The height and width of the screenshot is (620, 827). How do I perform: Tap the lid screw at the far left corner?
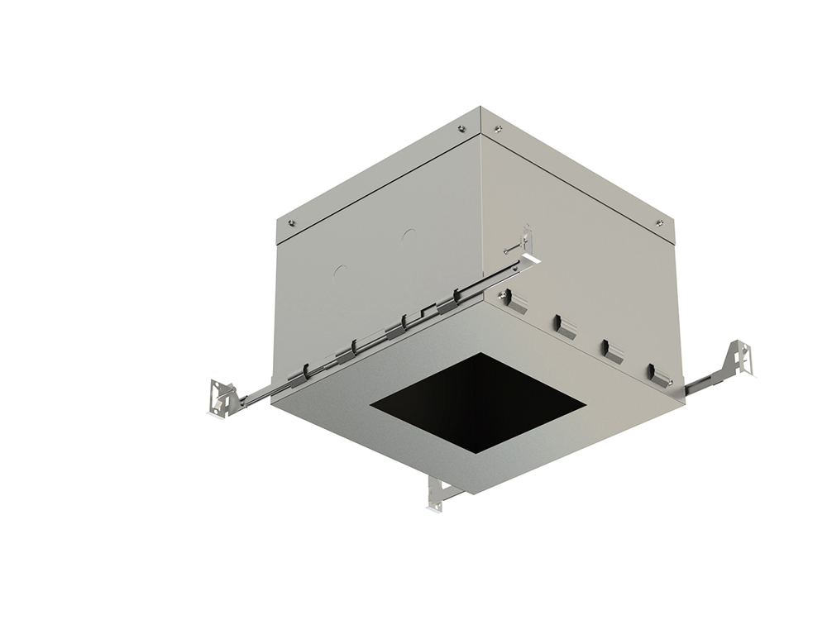(x=291, y=222)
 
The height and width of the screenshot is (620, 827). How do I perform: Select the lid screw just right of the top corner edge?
(x=497, y=128)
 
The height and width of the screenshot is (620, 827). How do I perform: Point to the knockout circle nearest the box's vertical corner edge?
(x=408, y=236)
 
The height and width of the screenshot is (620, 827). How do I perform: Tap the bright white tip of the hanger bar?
(x=532, y=260)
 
